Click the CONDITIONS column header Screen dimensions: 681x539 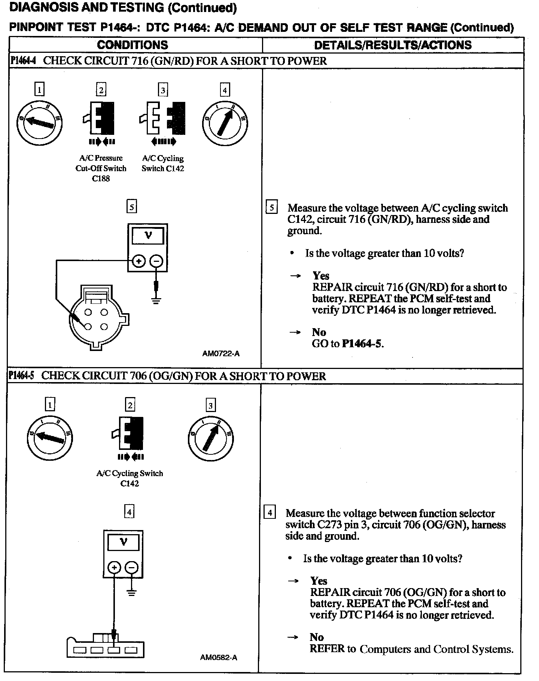point(133,45)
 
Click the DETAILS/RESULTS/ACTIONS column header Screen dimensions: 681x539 point(393,45)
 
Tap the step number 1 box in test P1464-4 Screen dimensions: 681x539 point(39,90)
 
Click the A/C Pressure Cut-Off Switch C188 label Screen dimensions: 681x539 point(101,168)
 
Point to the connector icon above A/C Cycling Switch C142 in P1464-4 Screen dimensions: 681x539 point(163,118)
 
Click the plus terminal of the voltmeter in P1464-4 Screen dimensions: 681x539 point(138,261)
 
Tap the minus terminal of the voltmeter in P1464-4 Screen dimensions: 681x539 point(156,261)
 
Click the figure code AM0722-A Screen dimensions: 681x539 point(221,353)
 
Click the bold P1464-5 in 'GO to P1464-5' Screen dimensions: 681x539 point(362,343)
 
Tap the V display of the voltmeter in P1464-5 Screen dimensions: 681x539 point(123,542)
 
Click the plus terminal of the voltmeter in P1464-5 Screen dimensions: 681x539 point(114,568)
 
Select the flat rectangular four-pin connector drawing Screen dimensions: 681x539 point(106,646)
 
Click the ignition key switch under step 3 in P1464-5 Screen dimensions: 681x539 point(211,438)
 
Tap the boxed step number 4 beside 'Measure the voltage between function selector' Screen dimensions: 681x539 point(270,512)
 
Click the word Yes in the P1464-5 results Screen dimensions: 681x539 point(319,581)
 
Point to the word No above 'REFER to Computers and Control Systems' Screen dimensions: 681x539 point(317,637)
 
